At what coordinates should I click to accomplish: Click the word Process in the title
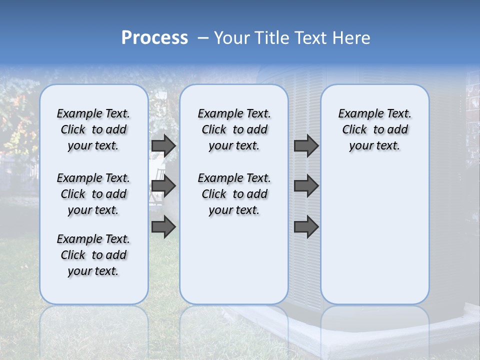click(x=154, y=38)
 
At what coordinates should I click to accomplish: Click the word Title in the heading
click(x=273, y=38)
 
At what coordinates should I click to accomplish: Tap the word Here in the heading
click(x=351, y=38)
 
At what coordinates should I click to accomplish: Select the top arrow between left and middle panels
click(x=163, y=145)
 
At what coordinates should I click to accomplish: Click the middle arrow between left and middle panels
click(x=163, y=186)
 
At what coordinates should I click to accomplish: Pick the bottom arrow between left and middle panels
click(x=163, y=226)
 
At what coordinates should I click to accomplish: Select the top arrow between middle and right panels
click(x=306, y=145)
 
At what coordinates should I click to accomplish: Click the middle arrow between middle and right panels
click(x=306, y=186)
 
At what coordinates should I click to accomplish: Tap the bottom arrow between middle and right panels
click(x=306, y=226)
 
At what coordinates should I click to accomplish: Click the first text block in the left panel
click(x=93, y=129)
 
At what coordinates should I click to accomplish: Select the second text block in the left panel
click(x=93, y=194)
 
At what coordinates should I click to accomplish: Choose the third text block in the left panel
click(x=93, y=255)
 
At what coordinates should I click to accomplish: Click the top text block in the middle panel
click(x=234, y=129)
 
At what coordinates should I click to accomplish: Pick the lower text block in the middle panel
click(x=234, y=194)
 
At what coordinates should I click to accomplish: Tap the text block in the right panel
click(x=374, y=129)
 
